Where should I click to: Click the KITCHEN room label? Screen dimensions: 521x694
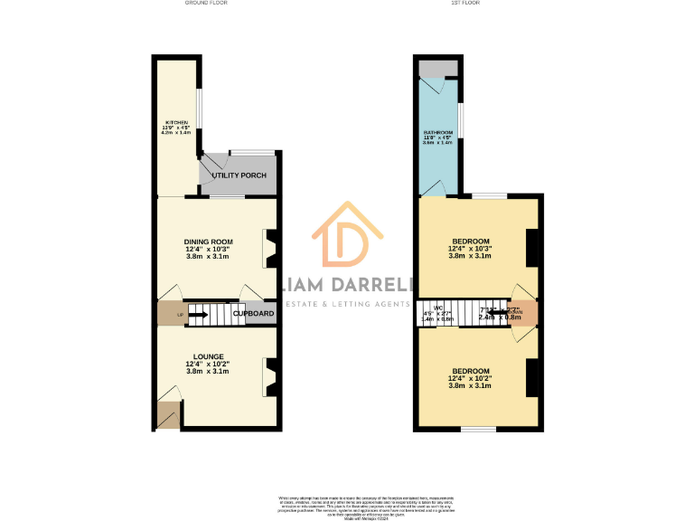point(176,122)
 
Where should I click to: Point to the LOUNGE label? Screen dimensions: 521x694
point(208,356)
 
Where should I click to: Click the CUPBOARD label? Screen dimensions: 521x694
point(254,314)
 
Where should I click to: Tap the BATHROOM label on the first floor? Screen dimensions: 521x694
point(438,133)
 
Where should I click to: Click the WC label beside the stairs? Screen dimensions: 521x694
point(438,308)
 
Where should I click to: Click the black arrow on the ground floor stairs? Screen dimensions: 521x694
point(198,315)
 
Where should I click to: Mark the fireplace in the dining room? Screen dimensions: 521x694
point(269,250)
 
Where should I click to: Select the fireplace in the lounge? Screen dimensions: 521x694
point(269,378)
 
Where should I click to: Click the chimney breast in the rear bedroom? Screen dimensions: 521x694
point(532,248)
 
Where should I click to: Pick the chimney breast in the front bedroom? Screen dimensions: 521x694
point(532,377)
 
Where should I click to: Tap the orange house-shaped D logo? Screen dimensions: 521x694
point(346,238)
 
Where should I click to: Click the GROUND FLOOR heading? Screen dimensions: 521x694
point(206,4)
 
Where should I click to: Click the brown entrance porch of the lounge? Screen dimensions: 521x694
point(168,415)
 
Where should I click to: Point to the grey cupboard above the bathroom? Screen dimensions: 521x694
point(438,68)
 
